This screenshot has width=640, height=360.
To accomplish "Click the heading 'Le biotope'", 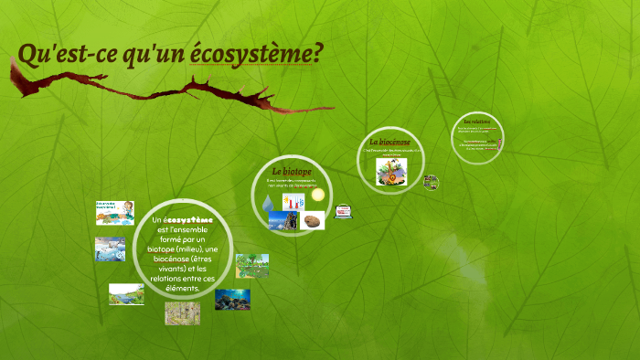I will (x=292, y=171).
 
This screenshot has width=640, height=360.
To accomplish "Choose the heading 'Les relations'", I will (x=476, y=122).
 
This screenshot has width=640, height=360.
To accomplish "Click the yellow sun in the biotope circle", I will (x=317, y=195).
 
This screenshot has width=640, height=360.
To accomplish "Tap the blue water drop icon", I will (x=268, y=202).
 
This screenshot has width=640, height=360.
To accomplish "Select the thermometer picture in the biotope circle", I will (x=293, y=201).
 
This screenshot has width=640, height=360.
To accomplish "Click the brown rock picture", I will (x=313, y=220).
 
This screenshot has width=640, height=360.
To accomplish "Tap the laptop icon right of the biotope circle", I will (x=344, y=211).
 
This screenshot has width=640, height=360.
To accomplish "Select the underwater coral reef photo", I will (x=232, y=299).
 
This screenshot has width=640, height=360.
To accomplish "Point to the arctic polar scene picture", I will (x=110, y=249).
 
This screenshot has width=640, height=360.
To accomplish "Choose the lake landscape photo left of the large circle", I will (x=126, y=293).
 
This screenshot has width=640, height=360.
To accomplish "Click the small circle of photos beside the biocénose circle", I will (x=431, y=182).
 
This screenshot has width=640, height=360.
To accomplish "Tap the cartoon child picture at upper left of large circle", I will (x=115, y=212).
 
